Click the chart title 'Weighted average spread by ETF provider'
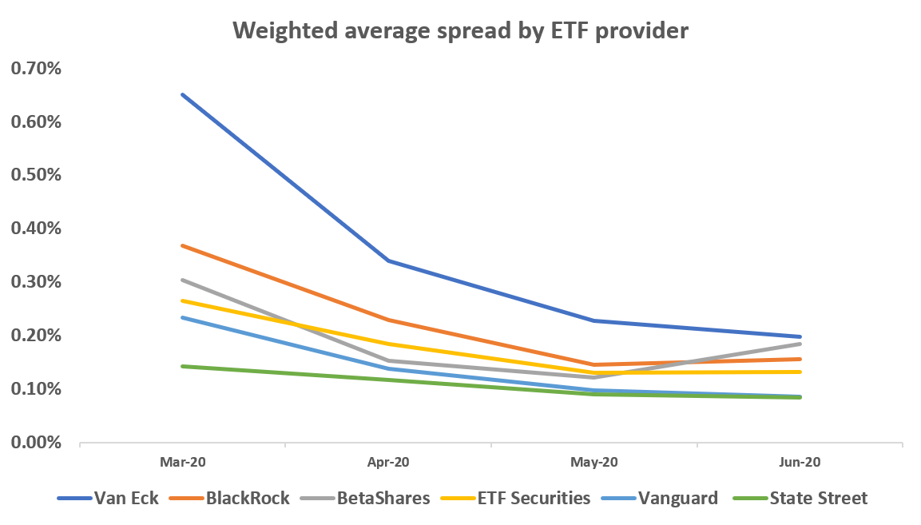point(460,31)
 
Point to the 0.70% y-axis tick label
point(35,69)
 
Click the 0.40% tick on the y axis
point(35,229)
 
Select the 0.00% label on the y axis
point(35,442)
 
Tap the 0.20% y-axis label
point(35,336)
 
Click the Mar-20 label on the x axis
point(183,463)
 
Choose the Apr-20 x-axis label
point(389,463)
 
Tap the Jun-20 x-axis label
point(800,463)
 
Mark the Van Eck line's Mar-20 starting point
point(183,94)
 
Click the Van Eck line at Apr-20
point(389,261)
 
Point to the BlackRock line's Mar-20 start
point(183,245)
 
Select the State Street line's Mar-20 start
point(183,366)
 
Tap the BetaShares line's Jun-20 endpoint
point(800,344)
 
